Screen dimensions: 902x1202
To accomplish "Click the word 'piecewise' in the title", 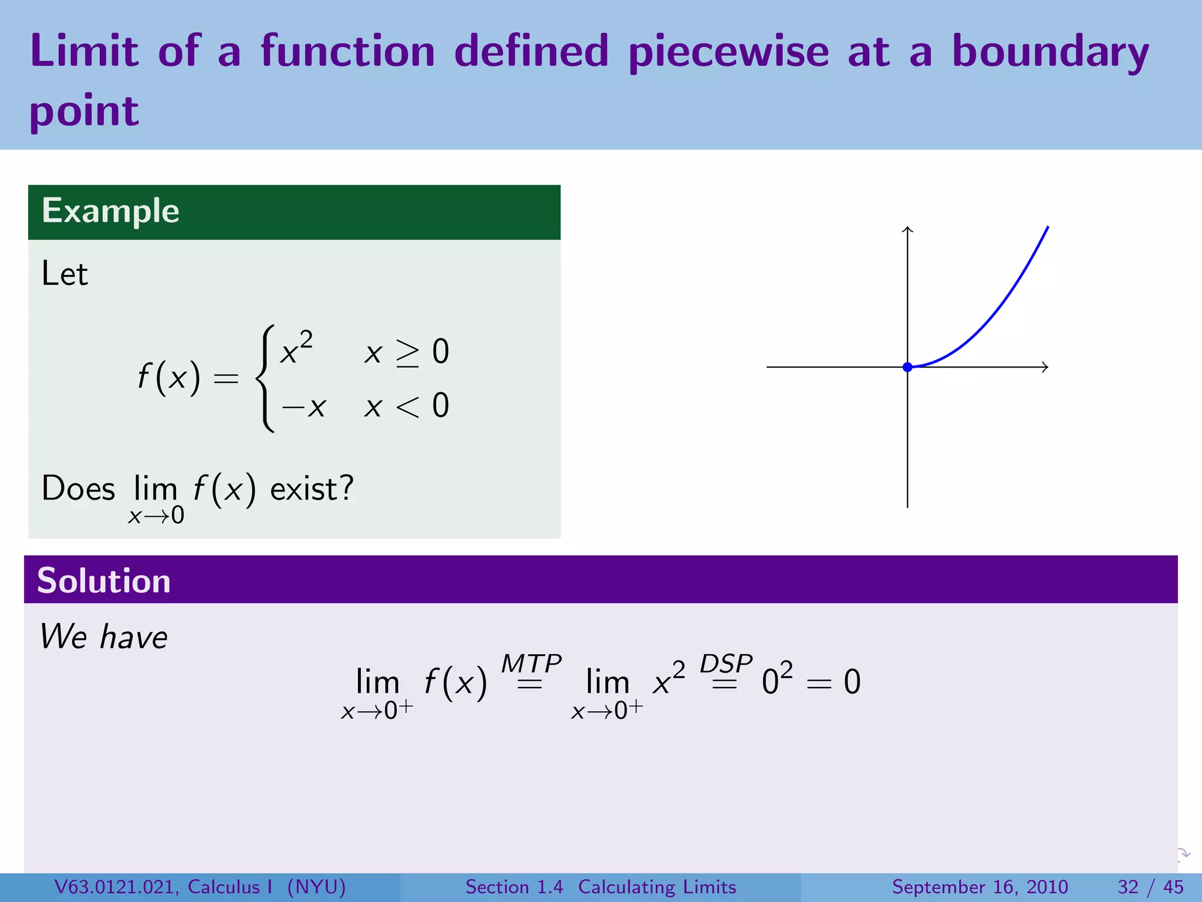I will pos(728,52).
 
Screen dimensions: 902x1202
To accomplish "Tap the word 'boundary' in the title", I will pos(1050,52).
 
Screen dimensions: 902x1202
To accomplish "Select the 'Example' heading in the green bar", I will pos(110,211).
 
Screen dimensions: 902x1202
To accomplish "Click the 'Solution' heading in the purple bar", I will pos(104,581).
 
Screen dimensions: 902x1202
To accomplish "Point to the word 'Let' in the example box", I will pos(65,274).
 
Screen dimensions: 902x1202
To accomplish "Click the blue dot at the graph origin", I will pos(907,367).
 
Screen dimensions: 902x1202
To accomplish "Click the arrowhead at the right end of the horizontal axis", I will pos(1045,367).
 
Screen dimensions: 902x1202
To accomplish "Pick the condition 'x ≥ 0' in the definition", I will pos(406,352).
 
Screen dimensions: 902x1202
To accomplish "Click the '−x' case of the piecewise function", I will pos(303,406).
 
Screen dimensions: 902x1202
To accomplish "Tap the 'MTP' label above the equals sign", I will pos(531,664).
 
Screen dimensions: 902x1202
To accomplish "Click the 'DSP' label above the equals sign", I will pos(726,664).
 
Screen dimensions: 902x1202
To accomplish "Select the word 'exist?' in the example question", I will pos(312,489).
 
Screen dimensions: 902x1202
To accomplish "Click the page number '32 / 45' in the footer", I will pos(1150,887).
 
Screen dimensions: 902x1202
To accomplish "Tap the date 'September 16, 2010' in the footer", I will pos(980,887).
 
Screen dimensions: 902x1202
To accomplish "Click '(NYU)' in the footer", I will pos(316,887).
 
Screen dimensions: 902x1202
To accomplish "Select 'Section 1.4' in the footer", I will pos(514,887).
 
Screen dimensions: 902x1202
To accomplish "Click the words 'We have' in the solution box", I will pos(104,637).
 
